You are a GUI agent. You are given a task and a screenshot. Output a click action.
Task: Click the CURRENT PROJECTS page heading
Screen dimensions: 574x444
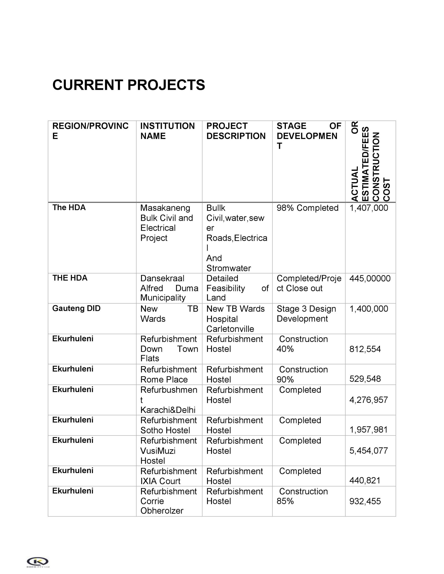(x=129, y=85)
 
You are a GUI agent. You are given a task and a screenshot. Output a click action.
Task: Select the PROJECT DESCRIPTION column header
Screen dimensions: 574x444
(x=236, y=131)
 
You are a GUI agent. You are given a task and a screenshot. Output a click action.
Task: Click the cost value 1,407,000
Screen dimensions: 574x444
(x=368, y=208)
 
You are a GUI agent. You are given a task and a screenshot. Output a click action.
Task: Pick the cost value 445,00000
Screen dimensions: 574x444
(x=370, y=278)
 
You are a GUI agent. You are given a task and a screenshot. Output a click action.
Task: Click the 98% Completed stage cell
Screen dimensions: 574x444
(x=307, y=208)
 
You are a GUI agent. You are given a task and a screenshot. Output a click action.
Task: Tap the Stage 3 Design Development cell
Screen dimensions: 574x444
(x=306, y=314)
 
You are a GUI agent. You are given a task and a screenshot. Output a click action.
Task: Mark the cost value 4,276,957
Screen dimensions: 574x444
(x=368, y=400)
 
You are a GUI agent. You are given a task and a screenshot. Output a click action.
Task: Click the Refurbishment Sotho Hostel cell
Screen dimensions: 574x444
(x=168, y=425)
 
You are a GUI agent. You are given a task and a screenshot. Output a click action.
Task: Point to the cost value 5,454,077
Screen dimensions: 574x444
(x=368, y=451)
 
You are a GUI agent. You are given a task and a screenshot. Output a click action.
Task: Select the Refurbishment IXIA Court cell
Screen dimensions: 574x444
(x=168, y=476)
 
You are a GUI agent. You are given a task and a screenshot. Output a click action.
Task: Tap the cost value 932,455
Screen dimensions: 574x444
(x=365, y=501)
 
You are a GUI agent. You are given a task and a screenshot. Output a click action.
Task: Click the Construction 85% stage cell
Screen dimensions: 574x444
(x=302, y=496)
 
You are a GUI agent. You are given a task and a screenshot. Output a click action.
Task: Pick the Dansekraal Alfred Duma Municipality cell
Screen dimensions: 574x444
(x=169, y=288)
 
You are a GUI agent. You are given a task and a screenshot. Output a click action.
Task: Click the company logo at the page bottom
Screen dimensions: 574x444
(x=38, y=562)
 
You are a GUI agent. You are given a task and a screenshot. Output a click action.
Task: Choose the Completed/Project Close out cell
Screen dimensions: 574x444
(x=309, y=283)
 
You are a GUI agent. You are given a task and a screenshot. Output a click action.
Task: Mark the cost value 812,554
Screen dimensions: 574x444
(x=365, y=349)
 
